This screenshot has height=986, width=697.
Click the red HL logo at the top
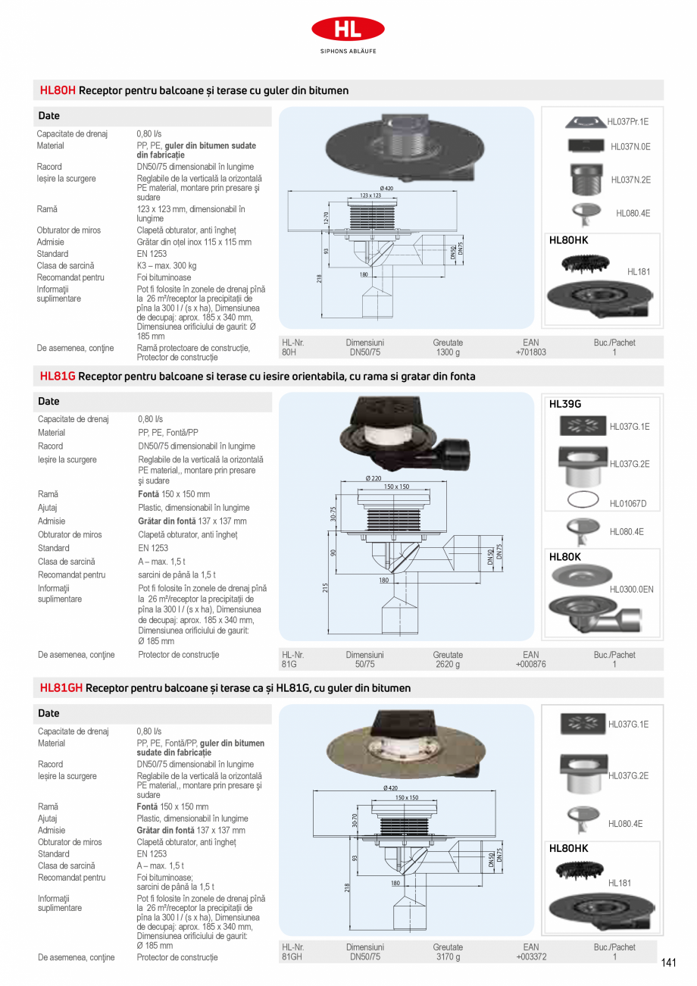[x=348, y=30]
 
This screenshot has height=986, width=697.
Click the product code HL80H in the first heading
[x=58, y=90]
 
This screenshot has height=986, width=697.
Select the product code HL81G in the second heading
[x=58, y=376]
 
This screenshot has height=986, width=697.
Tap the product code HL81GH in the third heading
[x=61, y=688]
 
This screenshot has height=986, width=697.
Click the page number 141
[x=668, y=963]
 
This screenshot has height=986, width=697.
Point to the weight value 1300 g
[x=448, y=352]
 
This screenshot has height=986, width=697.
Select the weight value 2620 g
[x=448, y=665]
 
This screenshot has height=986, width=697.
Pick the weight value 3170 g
[x=448, y=957]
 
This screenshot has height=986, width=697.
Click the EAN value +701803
[x=530, y=352]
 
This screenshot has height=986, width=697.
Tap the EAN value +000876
[x=530, y=665]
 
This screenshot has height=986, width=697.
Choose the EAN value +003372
[x=530, y=957]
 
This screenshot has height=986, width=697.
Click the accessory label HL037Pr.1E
[x=628, y=121]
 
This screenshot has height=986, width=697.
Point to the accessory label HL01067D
[x=628, y=504]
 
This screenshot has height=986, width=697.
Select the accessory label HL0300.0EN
[x=631, y=589]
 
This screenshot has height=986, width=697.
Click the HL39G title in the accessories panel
[x=564, y=405]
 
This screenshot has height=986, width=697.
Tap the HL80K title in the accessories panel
[x=564, y=556]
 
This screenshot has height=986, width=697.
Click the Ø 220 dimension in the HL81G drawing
[x=374, y=478]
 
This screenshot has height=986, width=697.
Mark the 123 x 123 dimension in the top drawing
[x=370, y=196]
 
